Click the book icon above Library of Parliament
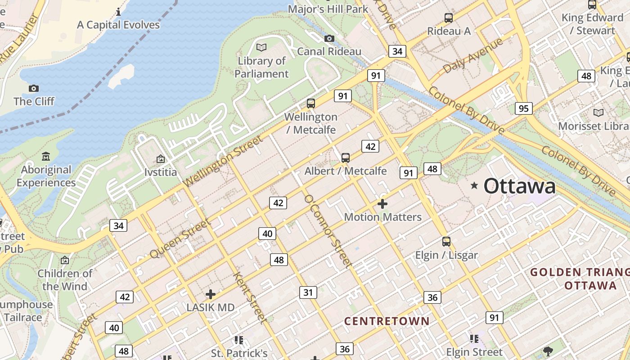point(261,47)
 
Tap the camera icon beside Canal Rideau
point(329,39)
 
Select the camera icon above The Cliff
point(33,88)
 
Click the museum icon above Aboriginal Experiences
point(46,157)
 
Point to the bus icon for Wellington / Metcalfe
point(310,103)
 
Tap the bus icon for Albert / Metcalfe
point(345,158)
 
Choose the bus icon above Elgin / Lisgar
point(446,242)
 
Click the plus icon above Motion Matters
point(382,204)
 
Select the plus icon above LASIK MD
point(210,294)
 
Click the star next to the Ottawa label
point(474,185)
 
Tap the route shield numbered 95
point(523,108)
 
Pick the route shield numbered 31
point(308,292)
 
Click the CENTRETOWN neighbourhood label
point(387,321)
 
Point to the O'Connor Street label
point(327,231)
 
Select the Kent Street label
point(250,297)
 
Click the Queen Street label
point(180,238)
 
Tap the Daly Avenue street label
point(472,56)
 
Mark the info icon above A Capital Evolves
point(118,12)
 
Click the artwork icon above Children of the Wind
point(65,260)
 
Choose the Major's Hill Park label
point(328,9)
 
